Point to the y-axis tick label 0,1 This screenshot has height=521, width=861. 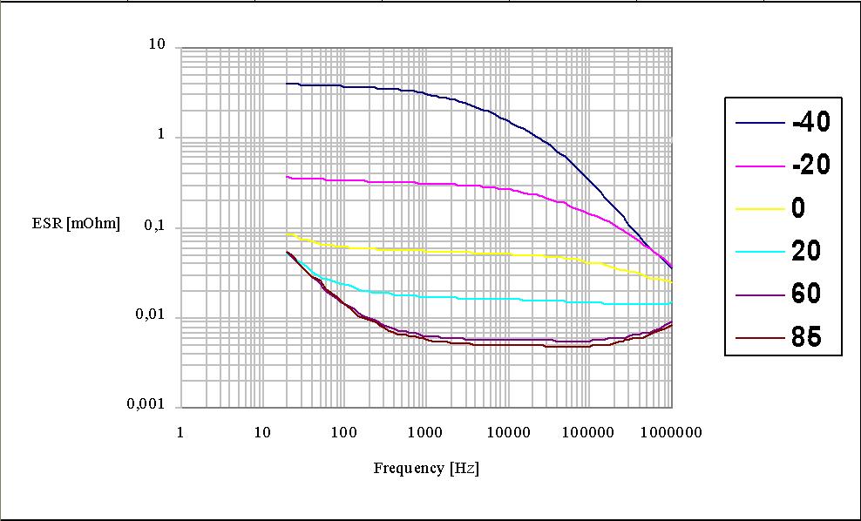tap(153, 227)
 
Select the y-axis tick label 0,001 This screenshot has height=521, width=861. tap(146, 406)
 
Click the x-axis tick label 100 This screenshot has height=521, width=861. tap(344, 432)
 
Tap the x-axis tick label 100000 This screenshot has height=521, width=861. tap(587, 432)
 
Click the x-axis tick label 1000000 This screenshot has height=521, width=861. tap(669, 432)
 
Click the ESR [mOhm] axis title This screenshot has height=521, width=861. tap(76, 224)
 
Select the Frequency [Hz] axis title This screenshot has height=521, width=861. tap(426, 468)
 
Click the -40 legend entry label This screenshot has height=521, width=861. tap(810, 123)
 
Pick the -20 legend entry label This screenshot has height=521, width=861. tap(810, 165)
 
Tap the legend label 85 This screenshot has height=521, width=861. tap(806, 336)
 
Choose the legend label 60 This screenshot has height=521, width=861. tap(806, 294)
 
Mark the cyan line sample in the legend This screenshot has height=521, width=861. tap(759, 252)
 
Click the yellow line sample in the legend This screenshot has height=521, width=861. tap(759, 209)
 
